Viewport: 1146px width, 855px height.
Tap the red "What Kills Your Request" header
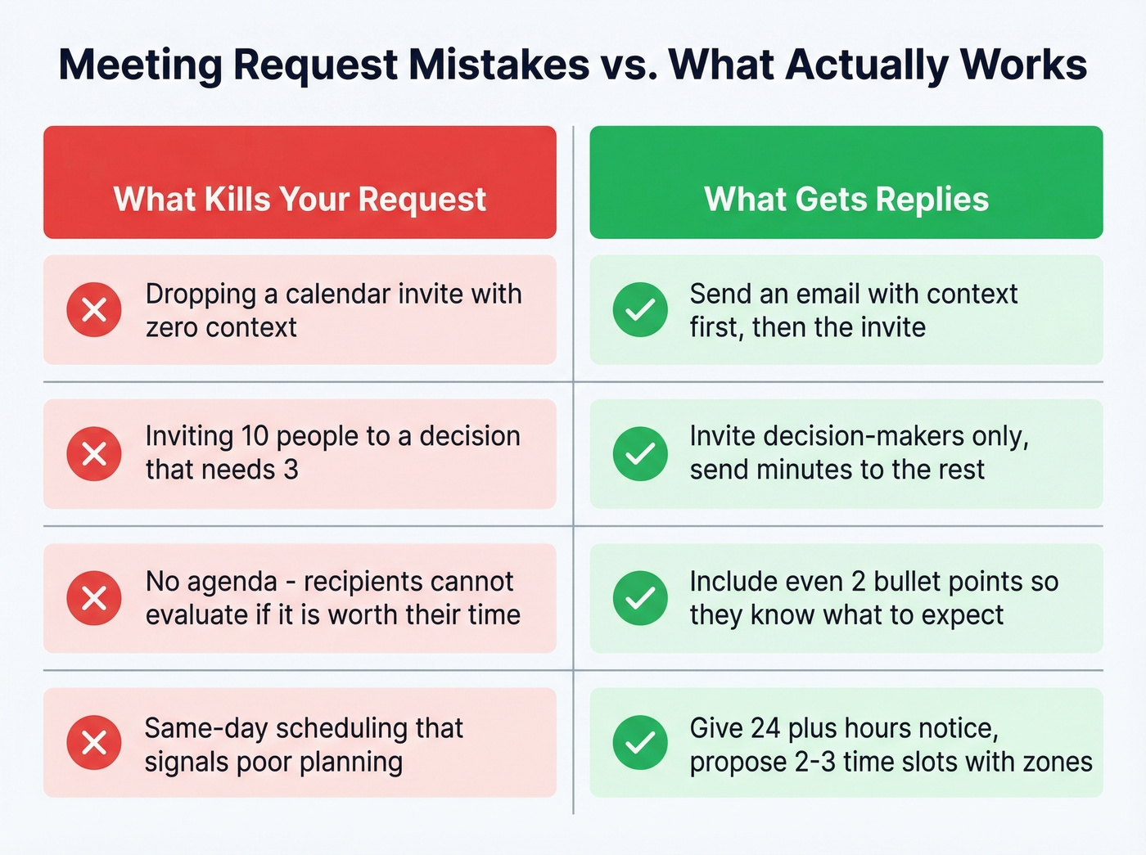(x=300, y=199)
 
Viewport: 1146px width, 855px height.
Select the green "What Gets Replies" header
(x=846, y=199)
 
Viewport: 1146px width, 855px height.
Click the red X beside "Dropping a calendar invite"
(x=94, y=310)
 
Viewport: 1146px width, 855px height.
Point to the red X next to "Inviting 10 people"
(x=94, y=454)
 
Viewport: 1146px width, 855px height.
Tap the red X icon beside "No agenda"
(x=94, y=598)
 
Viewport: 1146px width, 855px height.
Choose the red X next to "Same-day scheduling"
(x=94, y=743)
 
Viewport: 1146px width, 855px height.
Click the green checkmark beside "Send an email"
(x=640, y=310)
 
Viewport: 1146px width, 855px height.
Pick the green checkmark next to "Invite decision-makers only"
(x=640, y=454)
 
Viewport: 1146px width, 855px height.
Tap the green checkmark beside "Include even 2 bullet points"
(x=640, y=598)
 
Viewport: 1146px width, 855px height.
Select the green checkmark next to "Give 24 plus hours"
(x=640, y=743)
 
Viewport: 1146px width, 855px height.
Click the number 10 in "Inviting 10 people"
(x=255, y=436)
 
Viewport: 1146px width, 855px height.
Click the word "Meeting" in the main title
(x=140, y=65)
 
